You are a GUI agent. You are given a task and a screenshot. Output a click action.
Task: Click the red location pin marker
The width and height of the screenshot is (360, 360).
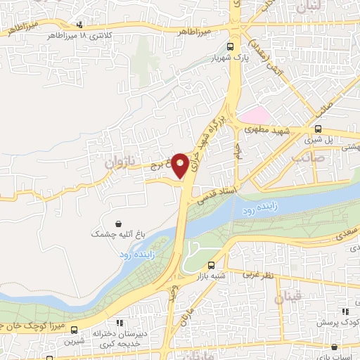point(181,165)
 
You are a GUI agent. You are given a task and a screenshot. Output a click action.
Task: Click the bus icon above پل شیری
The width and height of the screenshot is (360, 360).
point(319,129)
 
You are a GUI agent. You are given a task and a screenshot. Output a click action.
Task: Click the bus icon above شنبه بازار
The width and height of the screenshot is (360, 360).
point(212,266)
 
